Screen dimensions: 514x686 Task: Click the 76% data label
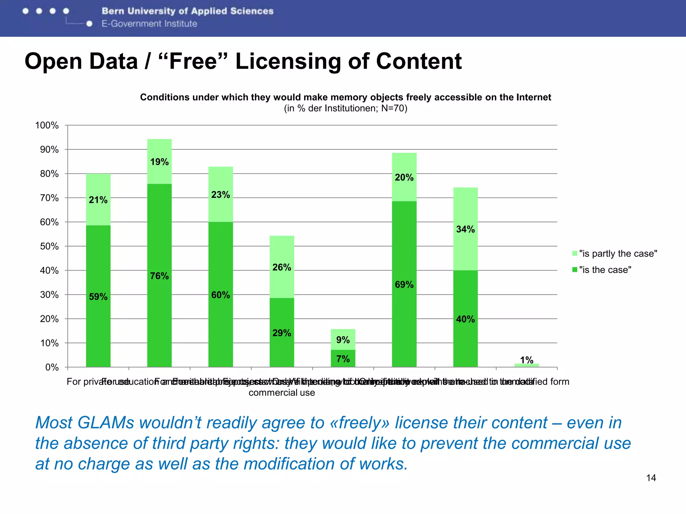pos(159,276)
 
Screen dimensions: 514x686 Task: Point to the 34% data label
pos(465,230)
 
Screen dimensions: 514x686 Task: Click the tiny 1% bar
pos(527,365)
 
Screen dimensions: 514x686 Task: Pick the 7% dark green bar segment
pos(343,359)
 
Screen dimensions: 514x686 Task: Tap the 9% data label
pos(343,340)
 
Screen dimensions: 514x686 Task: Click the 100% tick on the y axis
pos(47,125)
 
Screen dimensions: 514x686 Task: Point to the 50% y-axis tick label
pos(49,247)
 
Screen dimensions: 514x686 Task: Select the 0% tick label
pos(52,367)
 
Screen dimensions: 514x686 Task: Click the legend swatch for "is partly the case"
pos(575,253)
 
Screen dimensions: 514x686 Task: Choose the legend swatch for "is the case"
pos(575,270)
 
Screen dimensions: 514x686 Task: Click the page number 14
pos(651,478)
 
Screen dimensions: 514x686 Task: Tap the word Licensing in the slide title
pos(288,62)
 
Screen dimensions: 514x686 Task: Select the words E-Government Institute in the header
pos(149,24)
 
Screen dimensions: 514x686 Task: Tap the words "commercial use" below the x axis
pos(282,393)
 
